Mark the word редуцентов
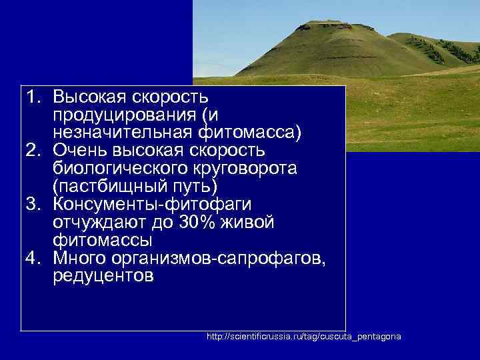103,274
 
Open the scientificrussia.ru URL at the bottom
304,337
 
